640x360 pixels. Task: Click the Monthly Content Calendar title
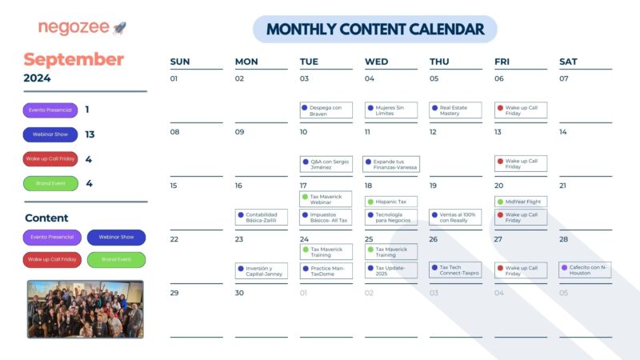click(374, 30)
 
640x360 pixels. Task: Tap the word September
click(74, 59)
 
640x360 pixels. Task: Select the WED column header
click(376, 62)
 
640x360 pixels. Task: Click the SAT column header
click(568, 62)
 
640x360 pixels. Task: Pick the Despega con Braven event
click(326, 110)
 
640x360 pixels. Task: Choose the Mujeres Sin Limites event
click(390, 110)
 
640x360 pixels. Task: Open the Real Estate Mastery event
click(455, 110)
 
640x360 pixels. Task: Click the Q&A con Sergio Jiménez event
click(326, 164)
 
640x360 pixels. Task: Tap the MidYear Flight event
click(521, 202)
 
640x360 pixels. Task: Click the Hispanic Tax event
click(390, 202)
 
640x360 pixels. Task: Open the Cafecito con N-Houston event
click(585, 270)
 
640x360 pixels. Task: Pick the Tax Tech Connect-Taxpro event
click(455, 270)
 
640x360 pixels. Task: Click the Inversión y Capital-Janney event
click(261, 270)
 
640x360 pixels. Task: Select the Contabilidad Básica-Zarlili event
click(261, 217)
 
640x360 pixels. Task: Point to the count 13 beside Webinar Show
click(90, 134)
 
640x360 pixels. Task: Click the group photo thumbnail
click(85, 309)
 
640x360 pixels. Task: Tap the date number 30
click(239, 293)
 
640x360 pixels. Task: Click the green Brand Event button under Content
click(116, 259)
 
